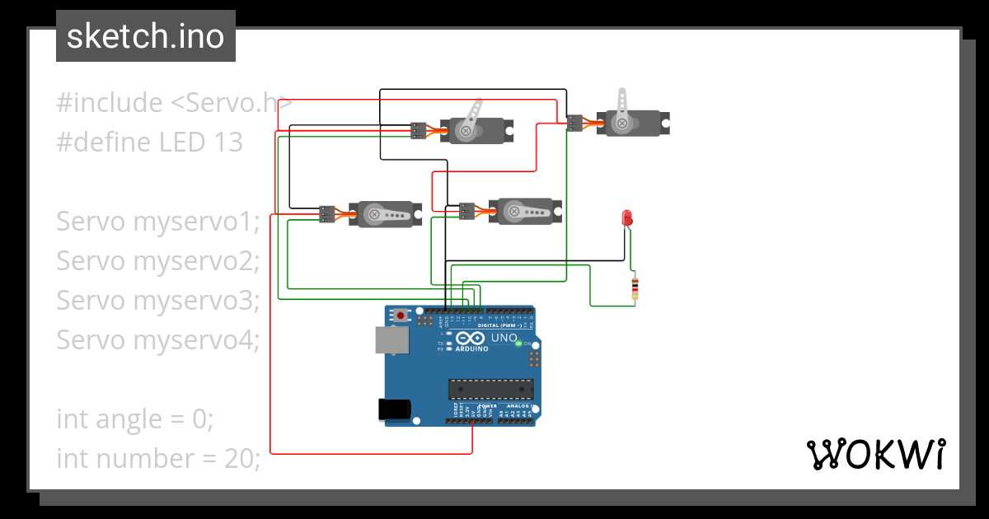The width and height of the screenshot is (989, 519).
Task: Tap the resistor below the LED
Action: (x=635, y=288)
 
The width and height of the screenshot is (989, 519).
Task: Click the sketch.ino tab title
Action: (x=146, y=36)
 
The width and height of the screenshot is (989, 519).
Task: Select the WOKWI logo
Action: (x=875, y=454)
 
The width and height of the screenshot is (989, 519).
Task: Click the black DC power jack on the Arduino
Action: (x=393, y=409)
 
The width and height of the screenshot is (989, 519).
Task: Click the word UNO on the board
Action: (x=504, y=338)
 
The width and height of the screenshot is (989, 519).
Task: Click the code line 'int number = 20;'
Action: (x=158, y=458)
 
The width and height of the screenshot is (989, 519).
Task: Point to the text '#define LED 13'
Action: (x=150, y=143)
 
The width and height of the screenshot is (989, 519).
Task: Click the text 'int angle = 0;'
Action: (x=135, y=418)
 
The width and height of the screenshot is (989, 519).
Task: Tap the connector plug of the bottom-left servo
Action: (x=327, y=214)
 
